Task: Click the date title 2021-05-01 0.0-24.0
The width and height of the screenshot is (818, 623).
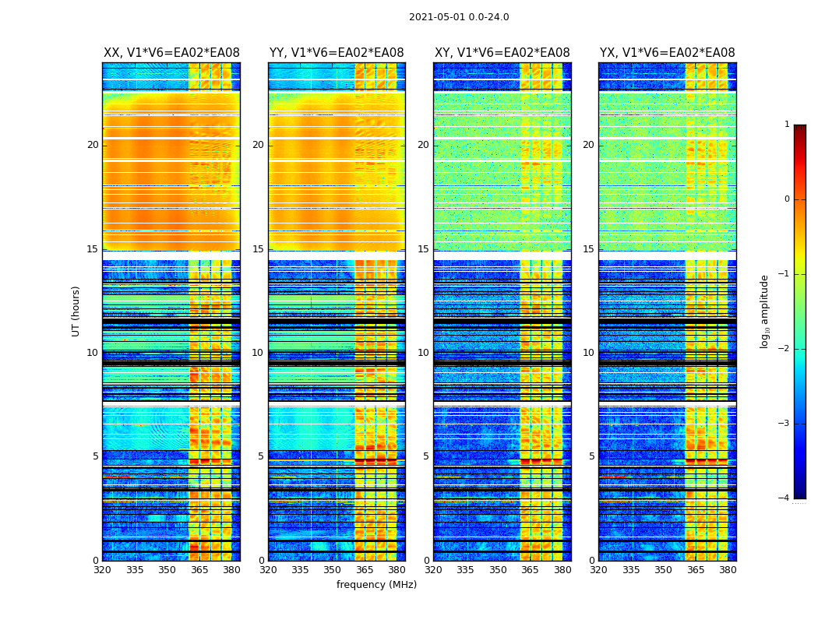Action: click(459, 17)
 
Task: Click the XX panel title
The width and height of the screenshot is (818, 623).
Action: click(171, 53)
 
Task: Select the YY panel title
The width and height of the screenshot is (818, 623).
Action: click(337, 53)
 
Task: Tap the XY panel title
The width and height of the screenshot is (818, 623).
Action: click(502, 53)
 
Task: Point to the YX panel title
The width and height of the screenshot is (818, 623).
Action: click(667, 53)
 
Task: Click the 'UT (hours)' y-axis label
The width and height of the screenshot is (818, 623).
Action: click(76, 311)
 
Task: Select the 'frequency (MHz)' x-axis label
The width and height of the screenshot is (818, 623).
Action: click(376, 585)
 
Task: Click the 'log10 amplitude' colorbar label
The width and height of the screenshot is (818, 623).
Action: click(765, 311)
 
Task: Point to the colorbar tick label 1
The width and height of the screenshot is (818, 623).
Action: click(787, 125)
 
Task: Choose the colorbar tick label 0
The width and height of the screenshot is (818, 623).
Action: click(787, 199)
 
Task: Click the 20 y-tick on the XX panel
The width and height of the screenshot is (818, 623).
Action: click(93, 145)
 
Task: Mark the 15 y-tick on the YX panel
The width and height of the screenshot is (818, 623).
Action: click(589, 249)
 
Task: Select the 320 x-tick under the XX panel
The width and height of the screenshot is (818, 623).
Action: click(102, 570)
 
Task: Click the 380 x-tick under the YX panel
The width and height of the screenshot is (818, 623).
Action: click(728, 570)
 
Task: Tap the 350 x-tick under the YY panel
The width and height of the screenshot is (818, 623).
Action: click(333, 570)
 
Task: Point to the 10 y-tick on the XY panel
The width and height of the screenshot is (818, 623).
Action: click(424, 353)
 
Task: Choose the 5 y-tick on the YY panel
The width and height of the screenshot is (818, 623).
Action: click(261, 456)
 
